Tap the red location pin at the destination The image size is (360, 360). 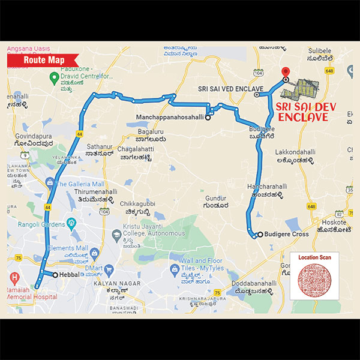pos(286,73)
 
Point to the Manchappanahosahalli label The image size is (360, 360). pos(170,118)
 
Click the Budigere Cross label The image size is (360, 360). pos(287,235)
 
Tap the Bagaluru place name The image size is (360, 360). pos(151,131)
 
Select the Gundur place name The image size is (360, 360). pos(214,197)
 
